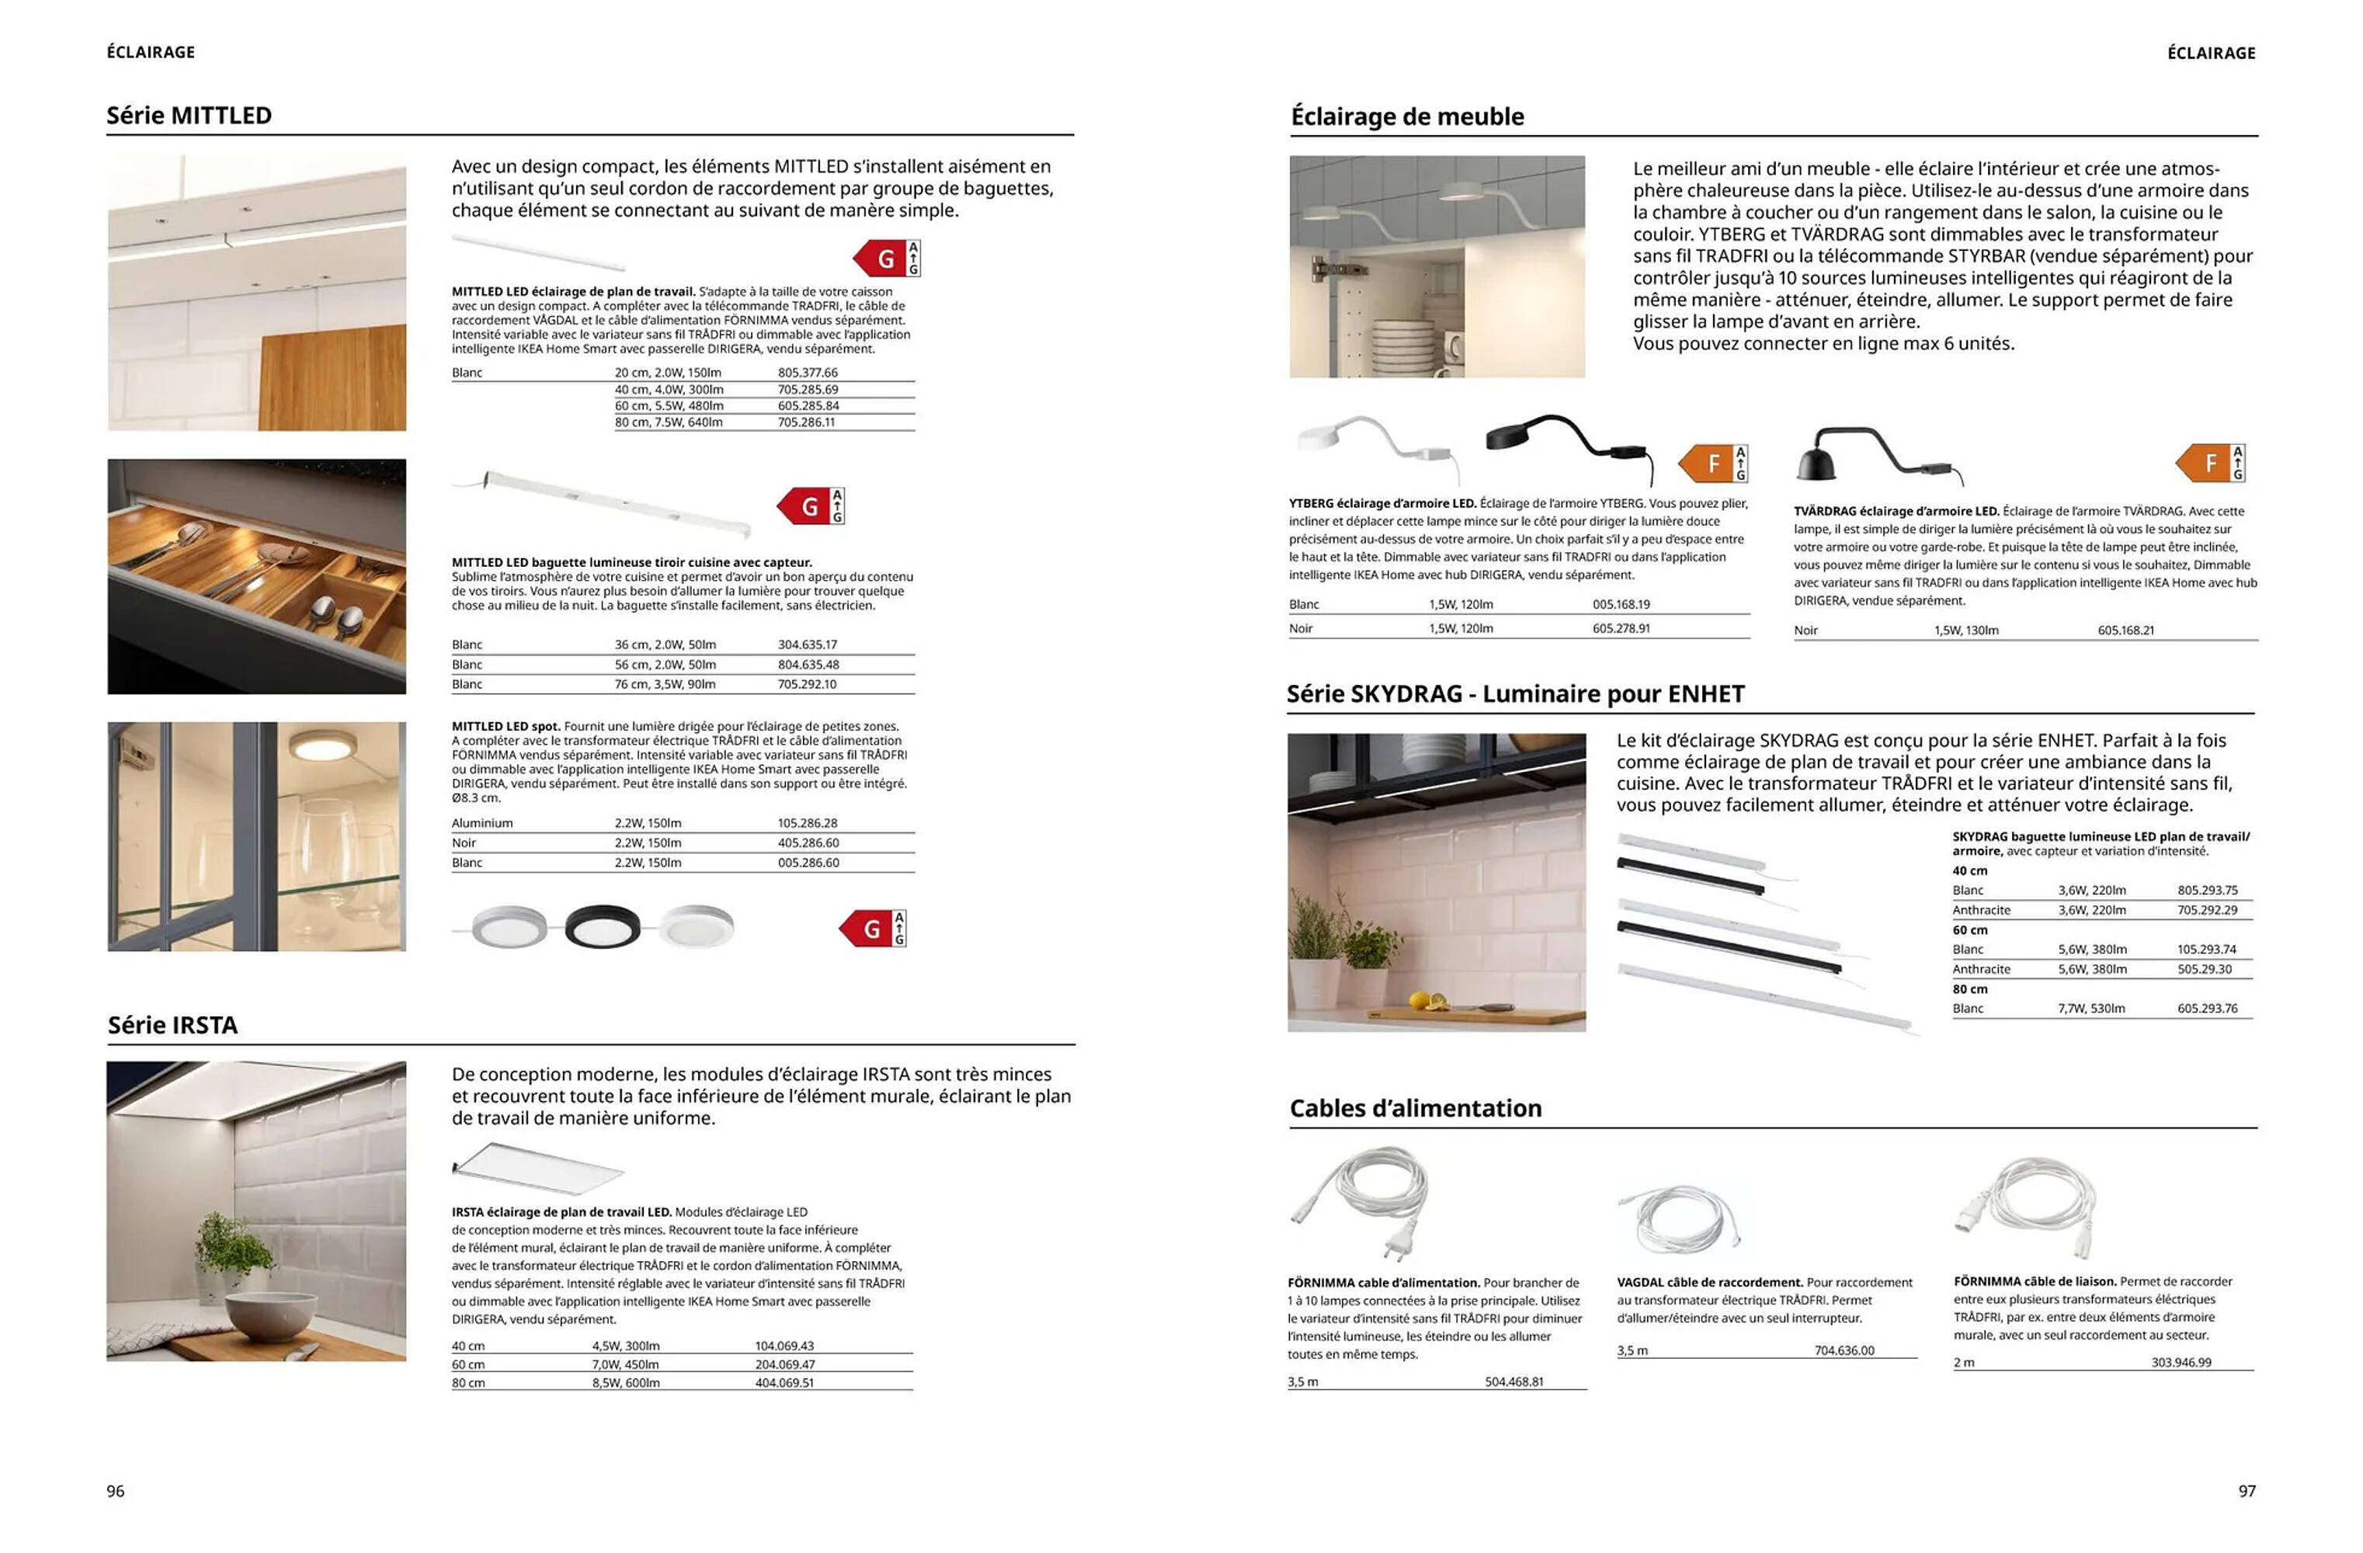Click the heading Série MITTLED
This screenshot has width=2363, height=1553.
click(189, 115)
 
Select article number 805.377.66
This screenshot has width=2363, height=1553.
click(807, 373)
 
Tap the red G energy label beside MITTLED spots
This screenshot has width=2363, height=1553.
click(870, 929)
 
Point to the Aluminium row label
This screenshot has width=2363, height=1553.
click(481, 823)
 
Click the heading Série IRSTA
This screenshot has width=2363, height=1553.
click(172, 1025)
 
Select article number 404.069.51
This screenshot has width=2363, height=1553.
click(784, 1382)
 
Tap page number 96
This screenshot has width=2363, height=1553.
click(116, 1490)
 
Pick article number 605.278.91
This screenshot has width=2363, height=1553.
click(1621, 628)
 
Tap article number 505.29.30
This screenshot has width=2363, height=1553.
click(2203, 969)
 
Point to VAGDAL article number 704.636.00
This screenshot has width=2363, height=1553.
click(1843, 1350)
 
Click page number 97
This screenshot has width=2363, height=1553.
click(2247, 1490)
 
